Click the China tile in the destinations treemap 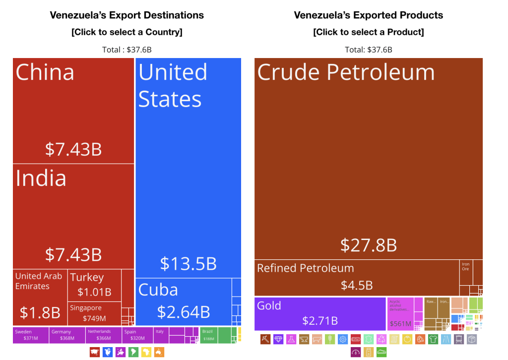73,111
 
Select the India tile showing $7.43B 73,216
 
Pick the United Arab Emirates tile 40,296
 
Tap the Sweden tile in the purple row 31,335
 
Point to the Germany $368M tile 67,335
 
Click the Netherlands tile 104,335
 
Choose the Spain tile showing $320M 137,335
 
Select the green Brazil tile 208,335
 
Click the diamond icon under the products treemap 278,340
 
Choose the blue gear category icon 343,340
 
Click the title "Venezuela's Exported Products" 368,15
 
